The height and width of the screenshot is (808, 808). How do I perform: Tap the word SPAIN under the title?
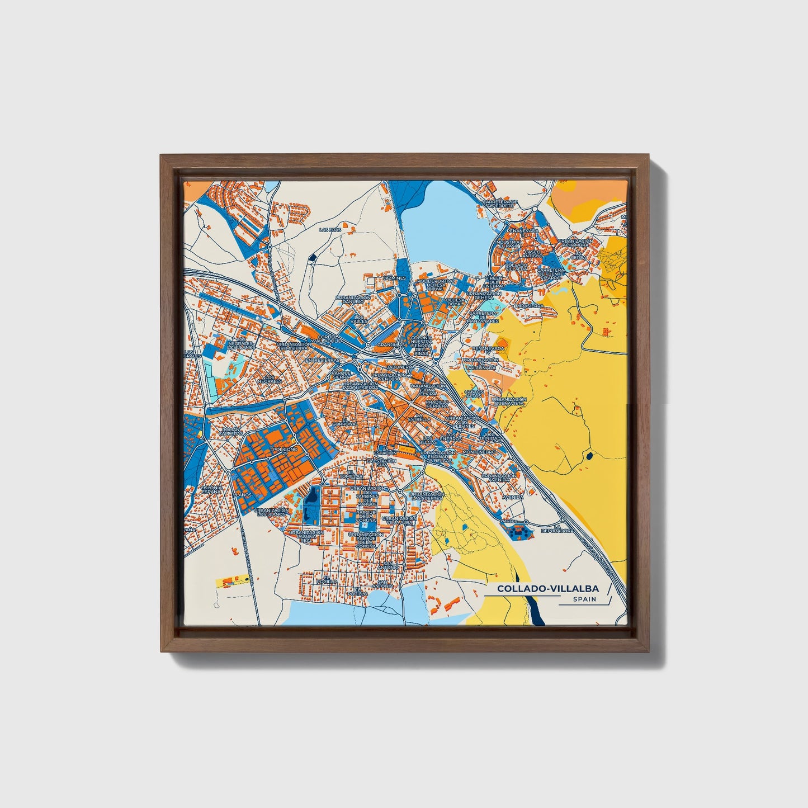pyautogui.click(x=584, y=599)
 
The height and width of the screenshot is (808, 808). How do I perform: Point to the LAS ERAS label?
pyautogui.click(x=329, y=229)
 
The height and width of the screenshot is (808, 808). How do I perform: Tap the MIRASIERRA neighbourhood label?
pyautogui.click(x=529, y=306)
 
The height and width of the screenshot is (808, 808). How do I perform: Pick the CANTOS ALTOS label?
pyautogui.click(x=474, y=395)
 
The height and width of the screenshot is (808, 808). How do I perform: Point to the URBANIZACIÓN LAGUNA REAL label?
pyautogui.click(x=305, y=536)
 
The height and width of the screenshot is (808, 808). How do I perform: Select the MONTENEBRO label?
pyautogui.click(x=479, y=451)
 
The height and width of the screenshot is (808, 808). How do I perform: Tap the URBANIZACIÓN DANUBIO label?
pyautogui.click(x=353, y=300)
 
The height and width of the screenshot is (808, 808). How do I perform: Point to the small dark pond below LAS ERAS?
pyautogui.click(x=313, y=257)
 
